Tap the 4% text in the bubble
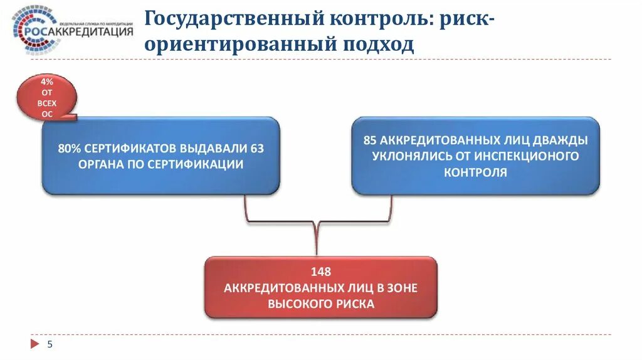48,82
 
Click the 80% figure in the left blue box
69,149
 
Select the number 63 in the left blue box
257,149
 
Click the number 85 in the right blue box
370,140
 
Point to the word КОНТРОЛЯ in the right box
475,171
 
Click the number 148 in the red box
320,272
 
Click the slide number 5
50,344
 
